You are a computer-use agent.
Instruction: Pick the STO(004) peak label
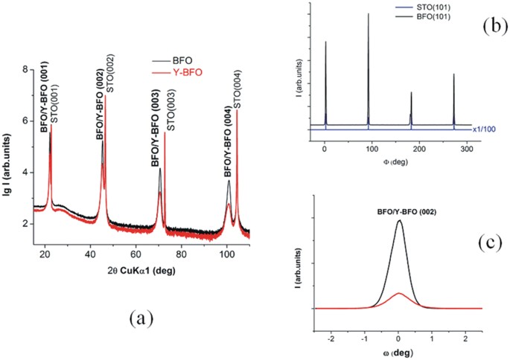point(239,94)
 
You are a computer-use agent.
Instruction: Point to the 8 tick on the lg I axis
point(25,70)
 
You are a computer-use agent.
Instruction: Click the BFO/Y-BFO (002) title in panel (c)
point(401,212)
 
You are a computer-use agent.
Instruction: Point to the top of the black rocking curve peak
point(400,220)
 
